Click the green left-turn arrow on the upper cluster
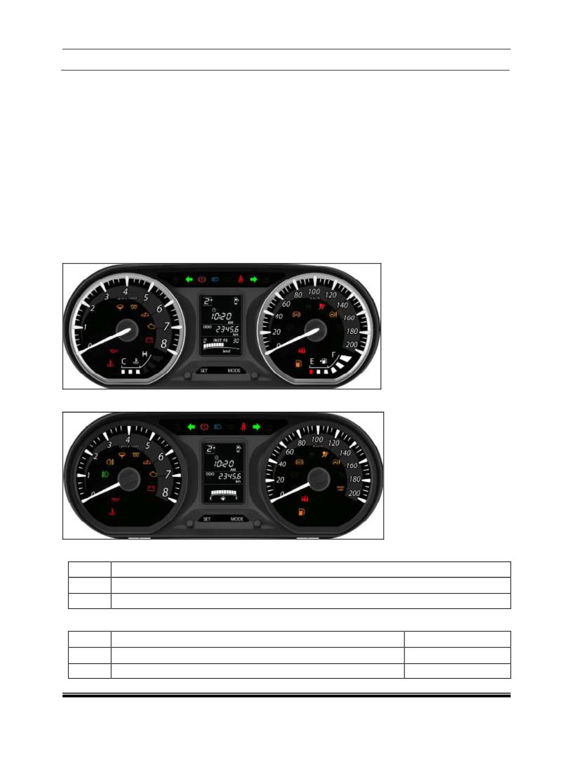(189, 279)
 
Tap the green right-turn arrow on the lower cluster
(256, 426)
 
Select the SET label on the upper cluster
(204, 371)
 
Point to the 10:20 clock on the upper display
(222, 316)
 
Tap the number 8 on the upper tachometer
(163, 344)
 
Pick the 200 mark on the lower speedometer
(354, 493)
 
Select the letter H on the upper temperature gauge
(144, 354)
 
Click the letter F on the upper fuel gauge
(334, 355)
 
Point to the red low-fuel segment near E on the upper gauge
(311, 372)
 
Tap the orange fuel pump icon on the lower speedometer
(302, 512)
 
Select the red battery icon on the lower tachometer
(151, 488)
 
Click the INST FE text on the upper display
(220, 340)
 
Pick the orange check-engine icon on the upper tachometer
(153, 325)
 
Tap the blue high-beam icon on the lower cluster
(217, 426)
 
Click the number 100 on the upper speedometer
(314, 291)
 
